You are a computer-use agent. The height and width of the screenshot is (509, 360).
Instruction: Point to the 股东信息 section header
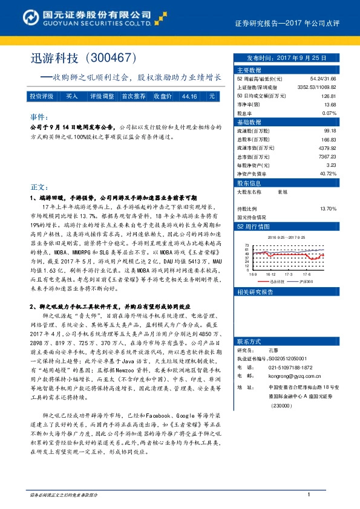click(x=249, y=182)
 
